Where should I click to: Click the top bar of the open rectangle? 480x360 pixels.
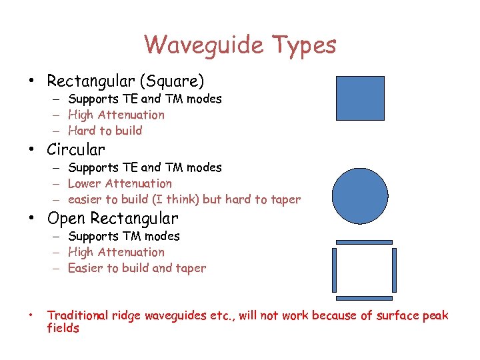364,242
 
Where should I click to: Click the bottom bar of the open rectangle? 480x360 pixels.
364,298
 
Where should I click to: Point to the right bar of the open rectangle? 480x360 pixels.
394,270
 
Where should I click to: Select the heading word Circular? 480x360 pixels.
76,149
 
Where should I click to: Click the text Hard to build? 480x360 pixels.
105,131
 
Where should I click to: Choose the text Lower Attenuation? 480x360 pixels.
120,183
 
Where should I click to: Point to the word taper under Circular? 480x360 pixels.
285,199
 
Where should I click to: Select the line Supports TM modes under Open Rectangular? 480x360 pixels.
124,236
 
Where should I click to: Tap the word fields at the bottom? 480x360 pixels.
63,328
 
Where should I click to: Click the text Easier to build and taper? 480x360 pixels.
137,268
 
